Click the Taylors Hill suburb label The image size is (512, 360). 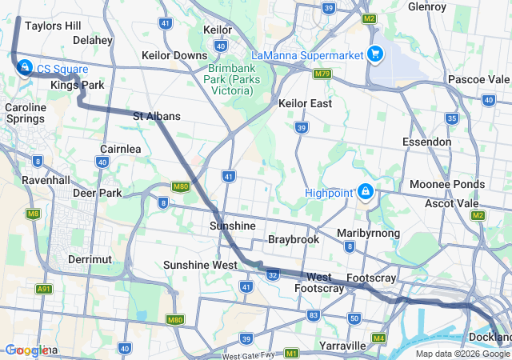tap(53, 26)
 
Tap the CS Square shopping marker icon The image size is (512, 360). tap(25, 67)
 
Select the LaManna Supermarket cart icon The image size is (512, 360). tap(374, 54)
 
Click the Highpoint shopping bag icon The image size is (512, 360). tap(366, 191)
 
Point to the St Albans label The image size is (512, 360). tap(156, 116)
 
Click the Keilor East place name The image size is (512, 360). tap(306, 103)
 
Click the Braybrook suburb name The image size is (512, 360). tap(294, 239)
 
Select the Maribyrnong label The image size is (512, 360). tap(368, 233)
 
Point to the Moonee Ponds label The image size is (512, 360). tap(446, 184)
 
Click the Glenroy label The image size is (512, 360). tap(426, 6)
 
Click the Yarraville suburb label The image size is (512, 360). tap(342, 346)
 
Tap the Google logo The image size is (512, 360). tap(27, 350)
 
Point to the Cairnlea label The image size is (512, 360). tap(121, 149)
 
